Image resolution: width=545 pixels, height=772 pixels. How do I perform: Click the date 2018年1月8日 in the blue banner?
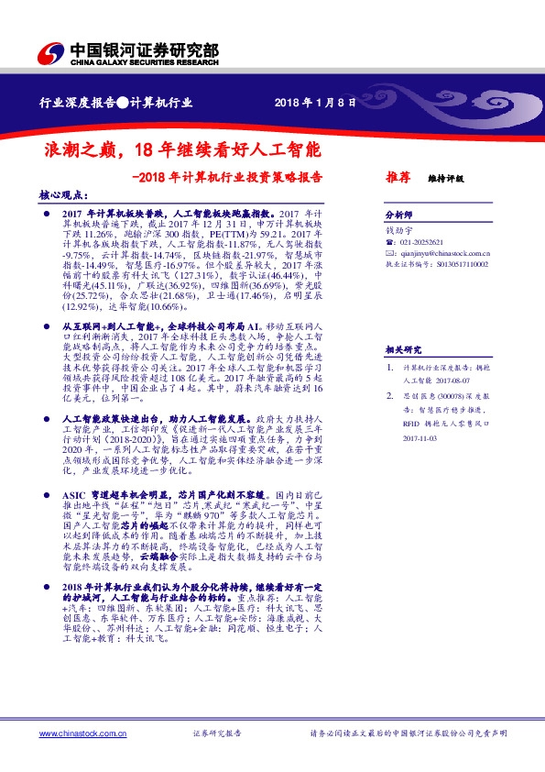click(x=314, y=103)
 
